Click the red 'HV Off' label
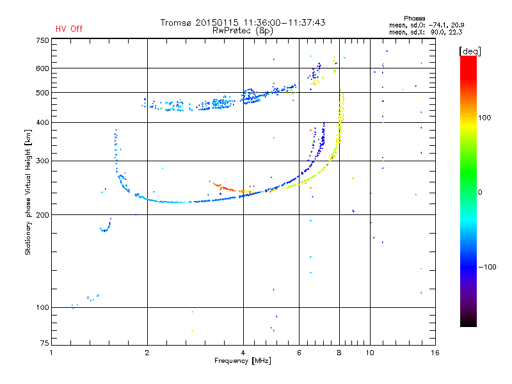pyautogui.click(x=68, y=29)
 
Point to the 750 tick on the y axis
pyautogui.click(x=42, y=40)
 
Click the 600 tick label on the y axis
pyautogui.click(x=42, y=68)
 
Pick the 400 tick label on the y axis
pyautogui.click(x=42, y=122)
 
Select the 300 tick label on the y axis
pyautogui.click(x=42, y=161)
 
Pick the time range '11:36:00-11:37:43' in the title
pyautogui.click(x=284, y=22)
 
